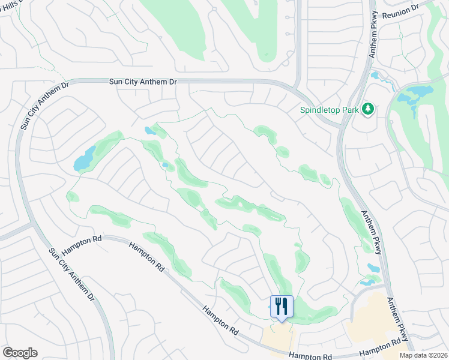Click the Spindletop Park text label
(330, 110)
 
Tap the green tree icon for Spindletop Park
(369, 109)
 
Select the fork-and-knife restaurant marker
(281, 306)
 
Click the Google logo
(20, 353)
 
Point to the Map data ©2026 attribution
(423, 355)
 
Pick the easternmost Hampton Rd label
(379, 347)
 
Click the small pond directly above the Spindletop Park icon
(376, 76)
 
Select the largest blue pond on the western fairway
(84, 159)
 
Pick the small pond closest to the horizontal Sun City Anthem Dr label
(149, 130)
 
